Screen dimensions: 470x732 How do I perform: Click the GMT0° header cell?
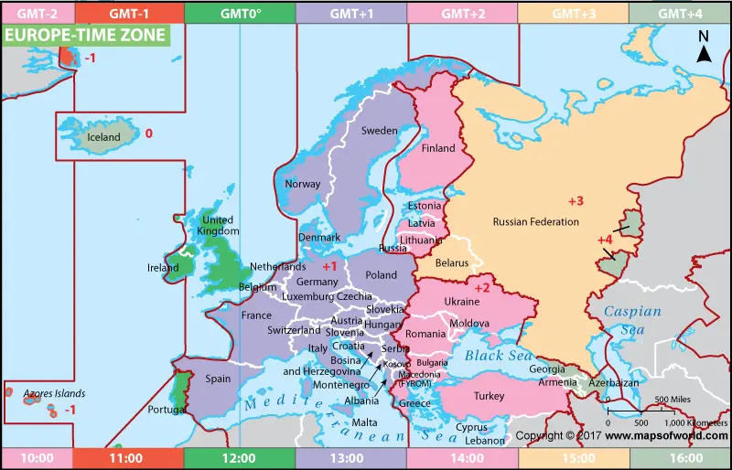pos(239,13)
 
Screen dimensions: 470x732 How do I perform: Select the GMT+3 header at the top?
pos(573,13)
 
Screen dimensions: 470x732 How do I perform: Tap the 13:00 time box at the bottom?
pos(350,458)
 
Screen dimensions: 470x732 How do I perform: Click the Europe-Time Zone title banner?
pos(86,36)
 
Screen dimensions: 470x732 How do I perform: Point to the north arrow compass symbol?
pos(704,48)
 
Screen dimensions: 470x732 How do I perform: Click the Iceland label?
pos(103,137)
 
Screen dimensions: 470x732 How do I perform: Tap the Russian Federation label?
pos(535,222)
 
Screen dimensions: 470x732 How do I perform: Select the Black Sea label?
pos(498,356)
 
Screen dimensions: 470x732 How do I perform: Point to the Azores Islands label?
pos(54,394)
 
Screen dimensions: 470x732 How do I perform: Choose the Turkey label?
pos(489,397)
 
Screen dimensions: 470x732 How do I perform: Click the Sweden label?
pos(379,131)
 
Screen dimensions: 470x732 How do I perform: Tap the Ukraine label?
pos(461,302)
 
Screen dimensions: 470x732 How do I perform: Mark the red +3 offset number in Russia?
pos(576,201)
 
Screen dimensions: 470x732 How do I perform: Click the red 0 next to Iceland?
pos(148,134)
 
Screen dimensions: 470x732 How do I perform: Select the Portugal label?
pos(167,410)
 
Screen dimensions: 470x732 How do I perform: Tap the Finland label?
pos(437,148)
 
